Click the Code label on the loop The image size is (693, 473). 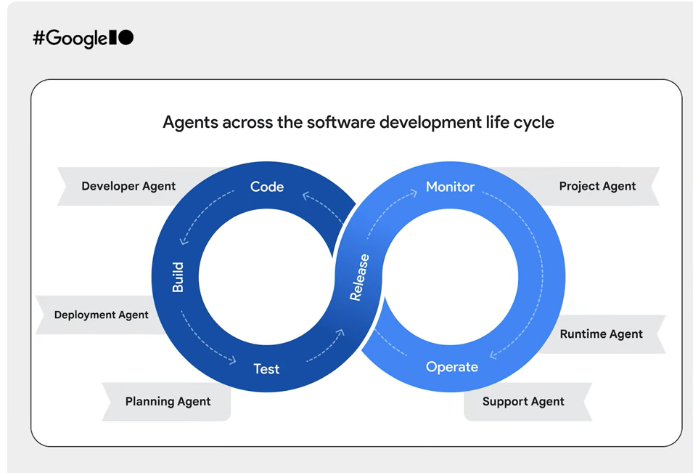[x=266, y=187]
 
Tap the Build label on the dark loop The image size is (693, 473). [x=178, y=278]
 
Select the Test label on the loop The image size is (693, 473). [x=266, y=369]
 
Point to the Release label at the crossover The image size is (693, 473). [x=359, y=277]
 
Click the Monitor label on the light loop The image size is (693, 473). [x=450, y=187]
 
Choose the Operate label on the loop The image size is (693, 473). [x=451, y=367]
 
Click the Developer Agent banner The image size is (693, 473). [x=128, y=186]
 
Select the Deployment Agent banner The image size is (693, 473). [x=101, y=315]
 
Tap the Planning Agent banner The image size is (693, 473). [x=168, y=402]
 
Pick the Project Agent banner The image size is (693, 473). [x=597, y=186]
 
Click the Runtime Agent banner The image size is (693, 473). [x=601, y=334]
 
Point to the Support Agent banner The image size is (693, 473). [x=523, y=402]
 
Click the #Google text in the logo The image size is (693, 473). [x=70, y=39]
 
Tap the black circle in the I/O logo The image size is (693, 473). [x=126, y=38]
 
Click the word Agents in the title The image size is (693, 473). [x=189, y=122]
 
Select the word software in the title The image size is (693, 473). [x=340, y=122]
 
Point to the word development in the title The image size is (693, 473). [x=437, y=122]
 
